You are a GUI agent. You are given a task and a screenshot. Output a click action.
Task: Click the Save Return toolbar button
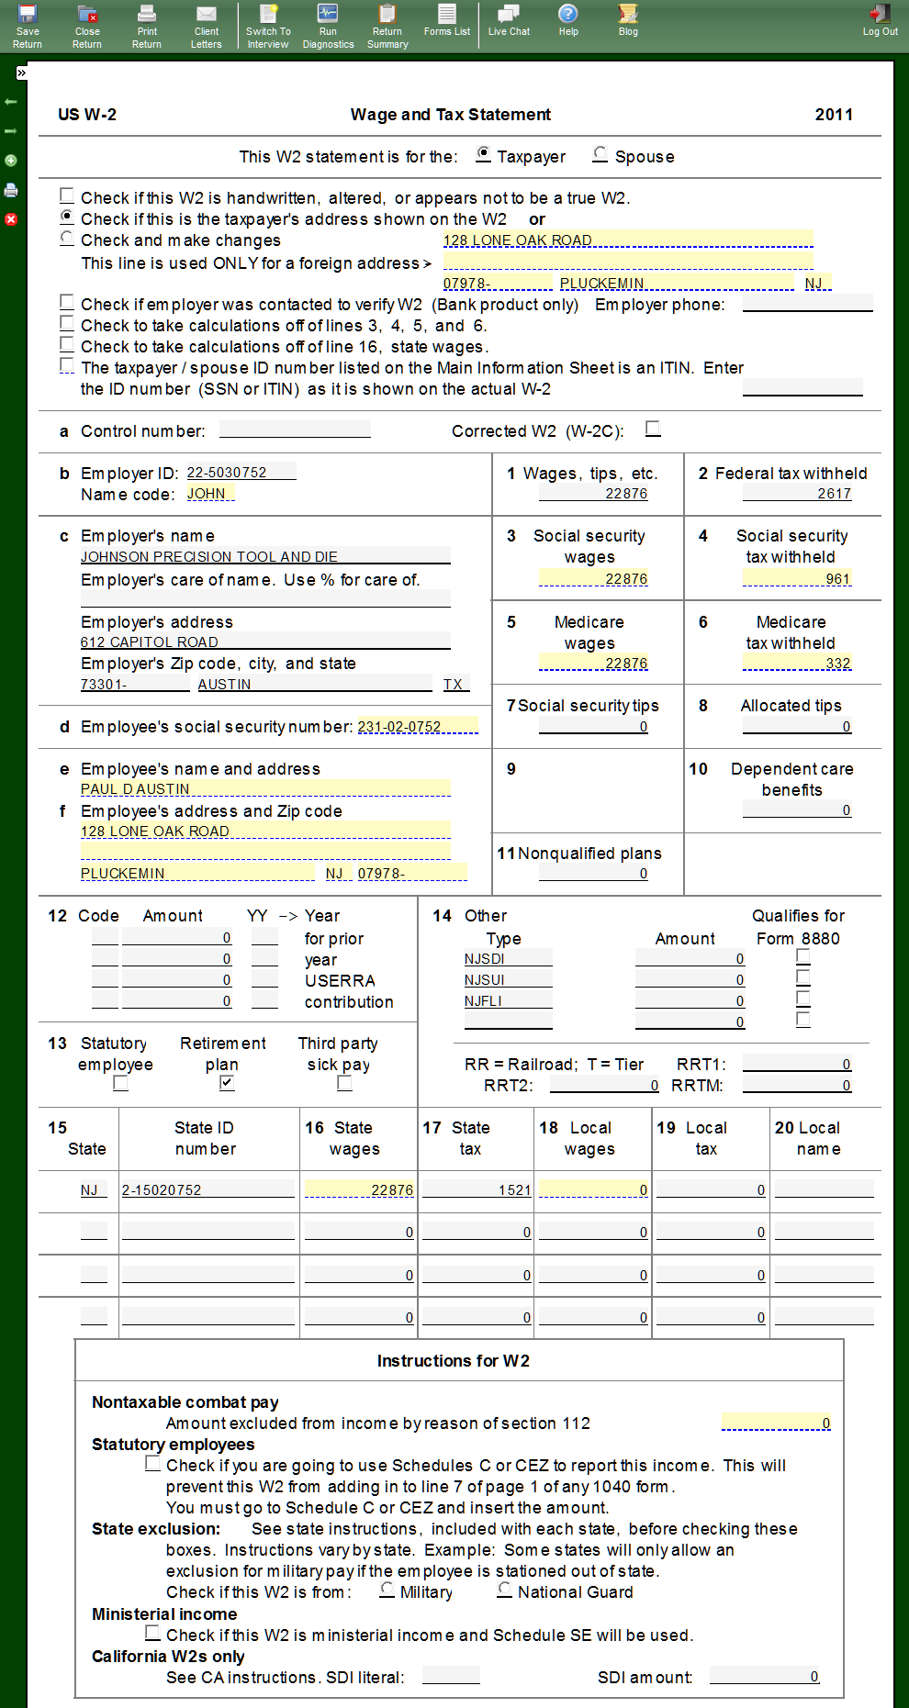point(28,26)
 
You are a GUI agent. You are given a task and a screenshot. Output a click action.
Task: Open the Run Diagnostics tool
point(328,26)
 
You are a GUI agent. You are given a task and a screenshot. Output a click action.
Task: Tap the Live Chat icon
point(509,20)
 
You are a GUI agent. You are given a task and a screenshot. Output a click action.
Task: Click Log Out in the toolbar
point(880,20)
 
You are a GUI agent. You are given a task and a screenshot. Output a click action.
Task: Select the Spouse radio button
point(600,154)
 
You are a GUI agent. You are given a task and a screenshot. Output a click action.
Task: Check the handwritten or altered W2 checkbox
point(67,195)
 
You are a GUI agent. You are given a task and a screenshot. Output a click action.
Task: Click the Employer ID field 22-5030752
point(241,473)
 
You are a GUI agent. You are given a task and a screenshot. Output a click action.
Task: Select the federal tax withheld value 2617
point(833,494)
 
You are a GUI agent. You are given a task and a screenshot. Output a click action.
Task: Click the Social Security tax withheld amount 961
point(836,579)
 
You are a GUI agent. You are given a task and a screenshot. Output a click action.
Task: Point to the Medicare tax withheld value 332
point(836,664)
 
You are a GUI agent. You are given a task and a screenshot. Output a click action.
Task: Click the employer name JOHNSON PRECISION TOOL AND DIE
point(209,557)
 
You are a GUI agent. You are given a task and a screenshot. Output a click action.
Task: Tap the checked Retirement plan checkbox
point(227,1083)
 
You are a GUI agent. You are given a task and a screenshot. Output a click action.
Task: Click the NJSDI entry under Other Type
point(485,959)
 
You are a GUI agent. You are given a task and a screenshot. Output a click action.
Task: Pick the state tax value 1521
point(513,1190)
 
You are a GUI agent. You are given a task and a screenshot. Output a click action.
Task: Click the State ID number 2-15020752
point(162,1190)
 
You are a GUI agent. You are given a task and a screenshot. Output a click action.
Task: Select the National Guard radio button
point(505,1590)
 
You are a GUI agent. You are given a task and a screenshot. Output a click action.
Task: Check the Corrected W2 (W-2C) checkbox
point(653,429)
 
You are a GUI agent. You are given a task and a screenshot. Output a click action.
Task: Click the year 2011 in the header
point(833,115)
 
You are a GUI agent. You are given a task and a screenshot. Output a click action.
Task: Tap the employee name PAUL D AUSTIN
point(135,789)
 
